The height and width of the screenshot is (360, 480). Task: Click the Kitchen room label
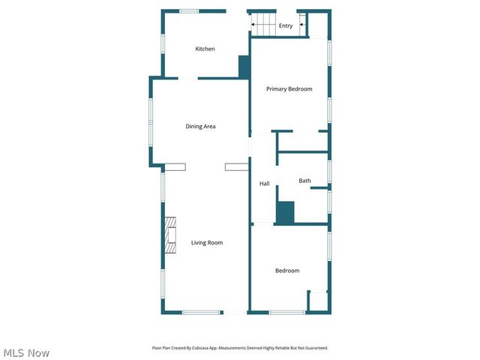[x=205, y=49]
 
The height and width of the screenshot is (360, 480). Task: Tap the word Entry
[x=286, y=25]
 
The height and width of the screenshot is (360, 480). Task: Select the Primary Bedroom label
[x=289, y=89]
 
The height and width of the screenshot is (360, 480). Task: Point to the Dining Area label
[x=200, y=126]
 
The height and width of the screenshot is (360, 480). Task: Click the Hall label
[x=264, y=184]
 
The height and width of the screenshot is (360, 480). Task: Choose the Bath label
[x=304, y=181]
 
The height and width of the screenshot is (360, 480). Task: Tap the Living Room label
[x=206, y=242]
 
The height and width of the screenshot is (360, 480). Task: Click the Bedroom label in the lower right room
[x=286, y=271]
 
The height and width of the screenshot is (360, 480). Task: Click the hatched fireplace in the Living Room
[x=170, y=235]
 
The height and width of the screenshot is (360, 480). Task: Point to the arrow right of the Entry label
[x=302, y=25]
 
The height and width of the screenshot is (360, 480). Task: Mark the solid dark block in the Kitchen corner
[x=244, y=66]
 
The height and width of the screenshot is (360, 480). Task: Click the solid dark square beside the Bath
[x=285, y=212]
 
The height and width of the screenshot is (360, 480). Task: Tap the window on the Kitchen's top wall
[x=189, y=10]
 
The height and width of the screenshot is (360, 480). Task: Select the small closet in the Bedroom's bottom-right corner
[x=318, y=301]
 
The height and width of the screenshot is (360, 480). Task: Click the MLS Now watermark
[x=26, y=352]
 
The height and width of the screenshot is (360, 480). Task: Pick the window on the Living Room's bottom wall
[x=201, y=312]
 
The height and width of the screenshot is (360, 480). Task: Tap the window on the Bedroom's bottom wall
[x=286, y=312]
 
